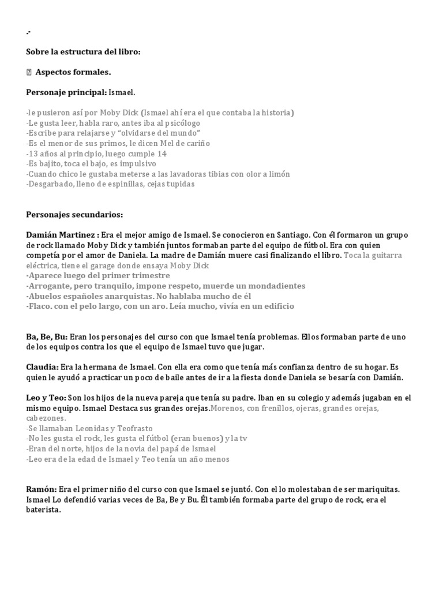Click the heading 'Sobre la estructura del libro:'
click(83, 52)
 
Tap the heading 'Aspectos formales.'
click(73, 72)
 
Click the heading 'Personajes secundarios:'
click(74, 215)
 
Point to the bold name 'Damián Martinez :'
click(62, 235)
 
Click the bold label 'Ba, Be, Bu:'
click(47, 336)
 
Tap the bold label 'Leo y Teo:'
click(46, 398)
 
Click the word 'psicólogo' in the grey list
click(181, 123)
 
